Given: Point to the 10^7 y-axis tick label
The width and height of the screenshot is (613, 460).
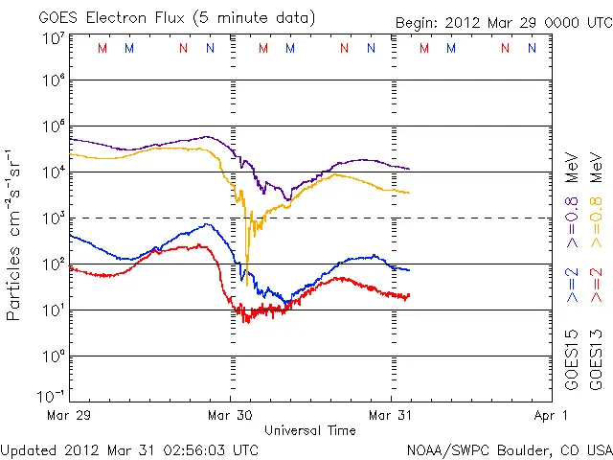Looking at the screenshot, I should pos(53,39).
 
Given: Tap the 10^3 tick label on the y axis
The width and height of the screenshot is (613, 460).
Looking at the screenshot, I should pos(53,218).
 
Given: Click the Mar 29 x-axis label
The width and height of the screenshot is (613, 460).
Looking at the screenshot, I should pos(70,415).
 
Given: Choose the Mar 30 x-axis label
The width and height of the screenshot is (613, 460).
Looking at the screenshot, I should pos(231,415).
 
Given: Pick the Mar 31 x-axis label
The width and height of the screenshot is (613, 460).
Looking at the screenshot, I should pos(391,415).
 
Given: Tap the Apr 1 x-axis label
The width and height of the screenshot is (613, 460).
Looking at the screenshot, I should pos(553,415).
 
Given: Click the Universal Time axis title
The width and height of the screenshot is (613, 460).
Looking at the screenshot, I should pos(310,430).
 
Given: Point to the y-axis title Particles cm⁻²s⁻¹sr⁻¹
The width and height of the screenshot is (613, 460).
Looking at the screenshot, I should pos(15,234).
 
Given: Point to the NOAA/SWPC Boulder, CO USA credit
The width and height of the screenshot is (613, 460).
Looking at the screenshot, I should pos(509,449).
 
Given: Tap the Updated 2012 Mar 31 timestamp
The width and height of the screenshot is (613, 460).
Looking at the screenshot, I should pos(129,448).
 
